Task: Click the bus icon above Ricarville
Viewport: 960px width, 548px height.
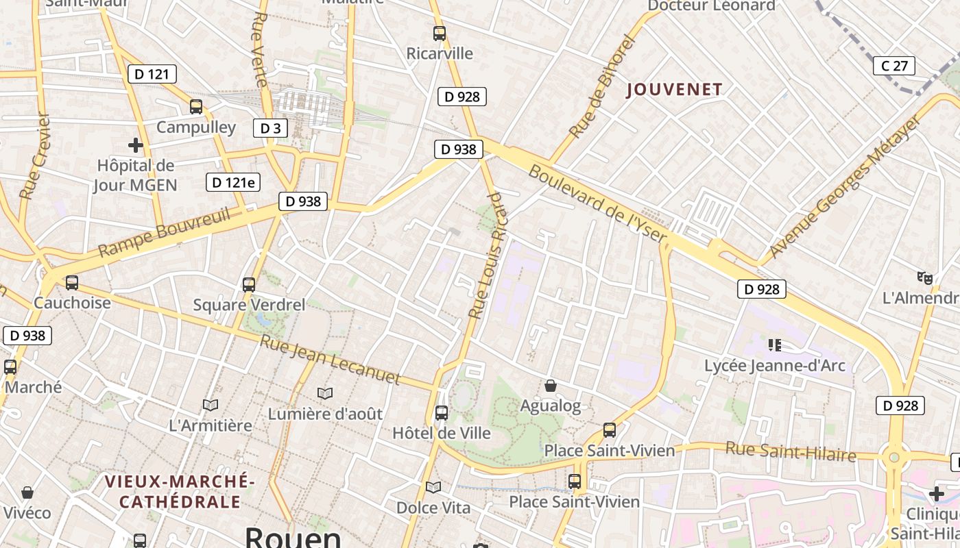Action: click(x=440, y=33)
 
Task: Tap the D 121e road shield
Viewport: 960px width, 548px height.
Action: click(x=233, y=182)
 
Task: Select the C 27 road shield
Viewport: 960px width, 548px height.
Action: click(x=894, y=66)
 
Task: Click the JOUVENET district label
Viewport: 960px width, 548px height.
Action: click(x=674, y=90)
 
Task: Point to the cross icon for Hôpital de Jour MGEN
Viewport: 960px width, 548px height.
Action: click(x=136, y=145)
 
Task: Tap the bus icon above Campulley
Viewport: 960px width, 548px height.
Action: click(x=196, y=107)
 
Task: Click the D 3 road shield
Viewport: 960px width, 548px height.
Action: click(x=271, y=128)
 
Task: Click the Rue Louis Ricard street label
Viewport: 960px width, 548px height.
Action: click(x=486, y=256)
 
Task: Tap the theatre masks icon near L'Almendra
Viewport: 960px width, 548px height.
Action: click(x=925, y=277)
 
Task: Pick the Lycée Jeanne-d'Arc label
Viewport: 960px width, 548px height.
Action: click(x=775, y=366)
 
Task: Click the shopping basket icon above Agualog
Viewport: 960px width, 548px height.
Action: click(x=550, y=386)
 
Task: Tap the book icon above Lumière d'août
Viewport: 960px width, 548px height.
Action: click(x=325, y=394)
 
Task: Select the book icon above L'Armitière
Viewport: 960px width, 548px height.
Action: click(x=211, y=406)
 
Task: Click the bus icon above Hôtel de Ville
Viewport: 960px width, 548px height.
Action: click(x=442, y=413)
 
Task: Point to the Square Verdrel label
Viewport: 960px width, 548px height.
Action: click(x=249, y=305)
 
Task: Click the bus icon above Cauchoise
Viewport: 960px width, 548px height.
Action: click(x=72, y=282)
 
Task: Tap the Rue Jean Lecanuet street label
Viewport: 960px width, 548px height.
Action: click(x=329, y=360)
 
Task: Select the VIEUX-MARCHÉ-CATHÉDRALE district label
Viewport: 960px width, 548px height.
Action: click(x=180, y=491)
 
